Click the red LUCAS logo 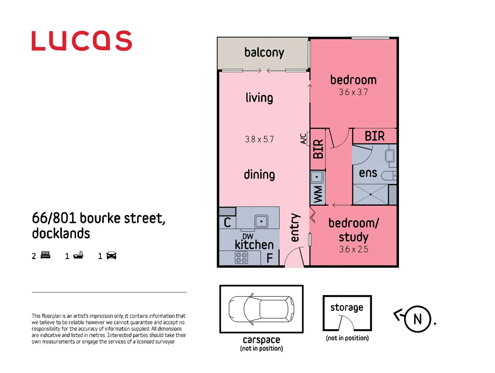[x=81, y=41]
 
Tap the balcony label [x=264, y=52]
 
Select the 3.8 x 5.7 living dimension [x=259, y=139]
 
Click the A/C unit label [x=303, y=139]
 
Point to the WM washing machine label [x=318, y=194]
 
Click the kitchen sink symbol [x=261, y=221]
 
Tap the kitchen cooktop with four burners [x=241, y=258]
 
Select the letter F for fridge [x=270, y=258]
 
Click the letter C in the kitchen [x=227, y=223]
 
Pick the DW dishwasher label [x=247, y=236]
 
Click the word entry [x=294, y=228]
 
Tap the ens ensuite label [x=368, y=173]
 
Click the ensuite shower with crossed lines [x=370, y=194]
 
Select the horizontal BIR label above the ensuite [x=375, y=136]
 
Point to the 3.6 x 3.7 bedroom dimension [x=353, y=92]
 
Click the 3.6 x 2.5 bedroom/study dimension [x=353, y=249]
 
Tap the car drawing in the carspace [x=261, y=309]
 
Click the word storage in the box [x=347, y=307]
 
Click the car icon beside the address [x=111, y=256]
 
